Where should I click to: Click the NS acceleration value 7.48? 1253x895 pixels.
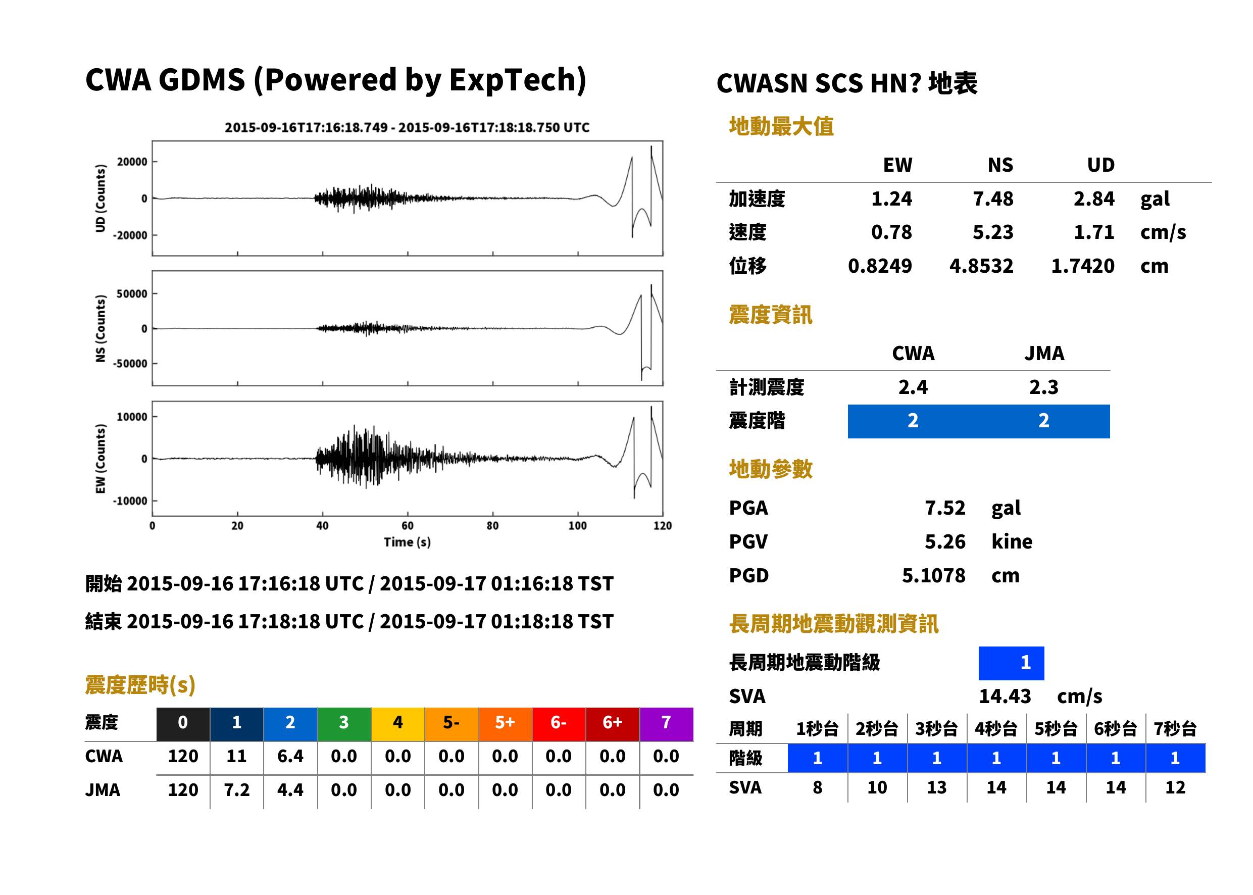(x=992, y=198)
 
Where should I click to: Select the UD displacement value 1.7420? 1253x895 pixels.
(x=1082, y=266)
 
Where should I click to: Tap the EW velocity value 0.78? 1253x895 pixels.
(x=891, y=232)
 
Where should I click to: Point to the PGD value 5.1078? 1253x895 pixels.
(x=933, y=575)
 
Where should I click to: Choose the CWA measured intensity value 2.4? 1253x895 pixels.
(x=913, y=387)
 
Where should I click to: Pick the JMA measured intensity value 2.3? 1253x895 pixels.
(x=1043, y=387)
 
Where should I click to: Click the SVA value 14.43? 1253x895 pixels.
(x=1005, y=696)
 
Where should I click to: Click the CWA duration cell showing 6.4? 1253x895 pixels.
(x=290, y=756)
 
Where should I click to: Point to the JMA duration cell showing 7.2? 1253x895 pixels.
(x=236, y=790)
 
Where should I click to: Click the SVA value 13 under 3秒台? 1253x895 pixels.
(x=936, y=787)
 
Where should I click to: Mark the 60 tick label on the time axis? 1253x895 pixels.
(x=407, y=525)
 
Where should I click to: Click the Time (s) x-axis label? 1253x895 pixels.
(x=407, y=542)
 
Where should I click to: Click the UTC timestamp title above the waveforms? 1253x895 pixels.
(x=407, y=127)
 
